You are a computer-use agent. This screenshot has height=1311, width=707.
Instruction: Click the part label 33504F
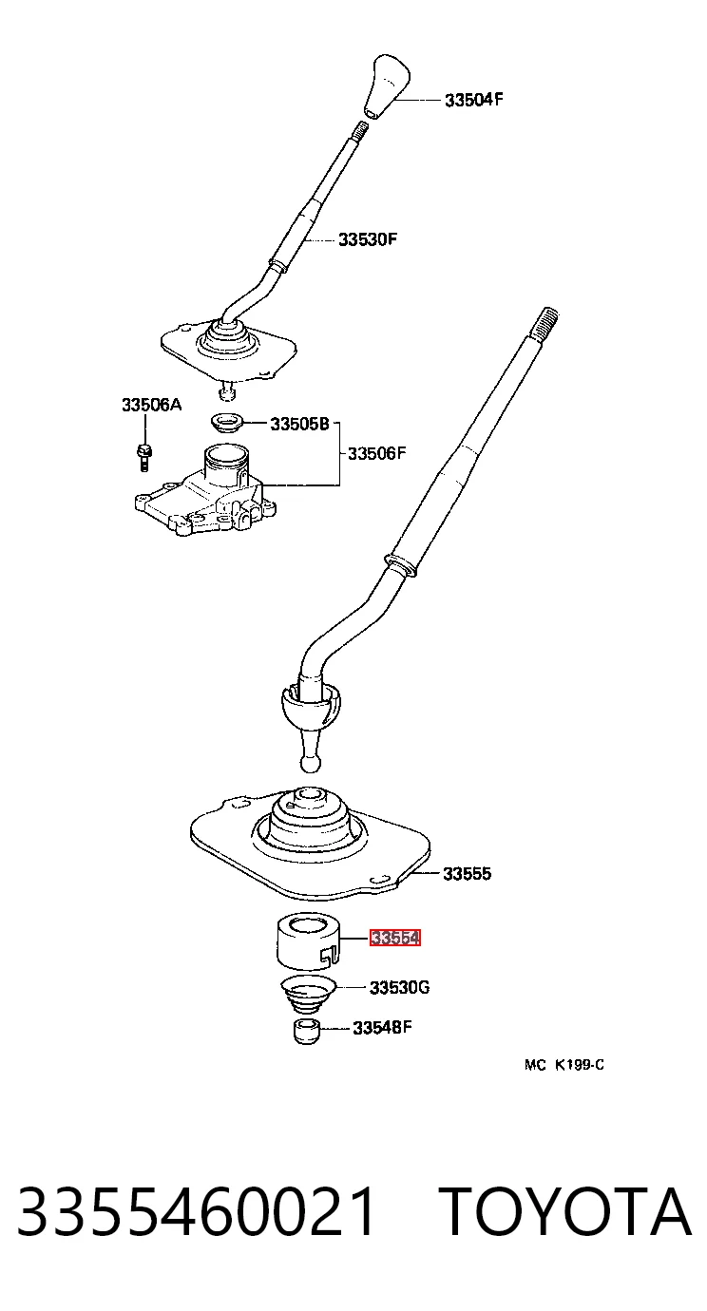click(473, 100)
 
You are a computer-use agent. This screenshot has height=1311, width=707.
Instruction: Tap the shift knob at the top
click(387, 87)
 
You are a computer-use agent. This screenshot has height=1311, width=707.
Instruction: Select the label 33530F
click(368, 239)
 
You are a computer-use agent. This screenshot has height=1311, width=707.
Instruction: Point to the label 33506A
click(152, 405)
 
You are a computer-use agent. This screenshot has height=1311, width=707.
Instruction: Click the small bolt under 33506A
click(144, 458)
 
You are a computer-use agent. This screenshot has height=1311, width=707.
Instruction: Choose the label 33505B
click(299, 424)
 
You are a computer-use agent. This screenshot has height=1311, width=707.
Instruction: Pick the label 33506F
click(377, 453)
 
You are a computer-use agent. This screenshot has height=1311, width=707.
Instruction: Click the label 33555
click(467, 874)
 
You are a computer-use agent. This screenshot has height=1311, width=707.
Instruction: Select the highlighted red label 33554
click(395, 938)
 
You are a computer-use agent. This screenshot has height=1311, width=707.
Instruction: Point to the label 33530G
click(400, 988)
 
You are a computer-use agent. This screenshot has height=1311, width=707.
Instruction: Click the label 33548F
click(382, 1028)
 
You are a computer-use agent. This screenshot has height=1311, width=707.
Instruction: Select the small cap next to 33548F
click(306, 1032)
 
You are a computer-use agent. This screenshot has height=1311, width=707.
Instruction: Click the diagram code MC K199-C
click(564, 1065)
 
